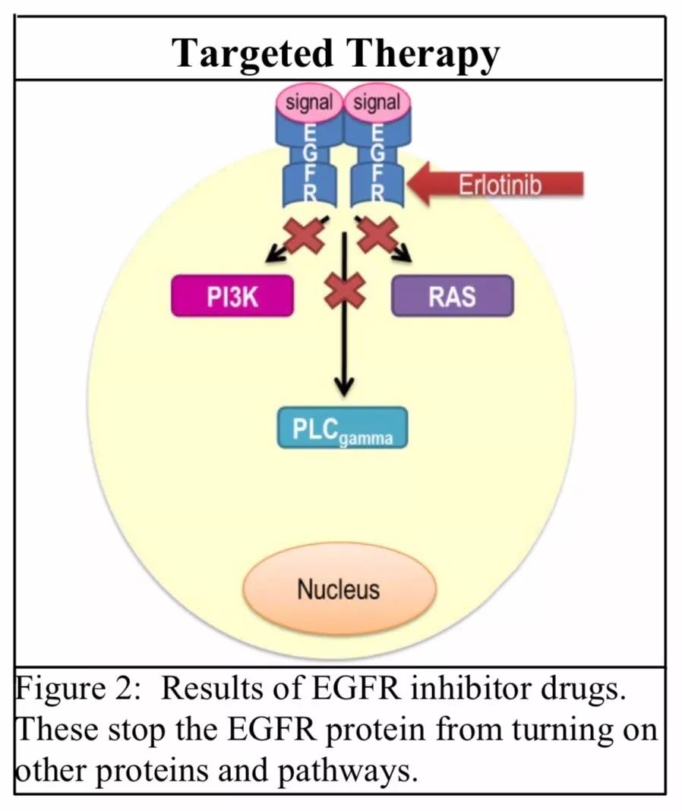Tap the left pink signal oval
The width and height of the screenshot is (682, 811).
[309, 103]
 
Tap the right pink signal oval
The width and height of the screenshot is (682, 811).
[377, 103]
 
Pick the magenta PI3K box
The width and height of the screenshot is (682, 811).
[232, 296]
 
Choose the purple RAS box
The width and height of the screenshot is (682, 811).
[452, 295]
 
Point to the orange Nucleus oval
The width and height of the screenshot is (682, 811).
[339, 589]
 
